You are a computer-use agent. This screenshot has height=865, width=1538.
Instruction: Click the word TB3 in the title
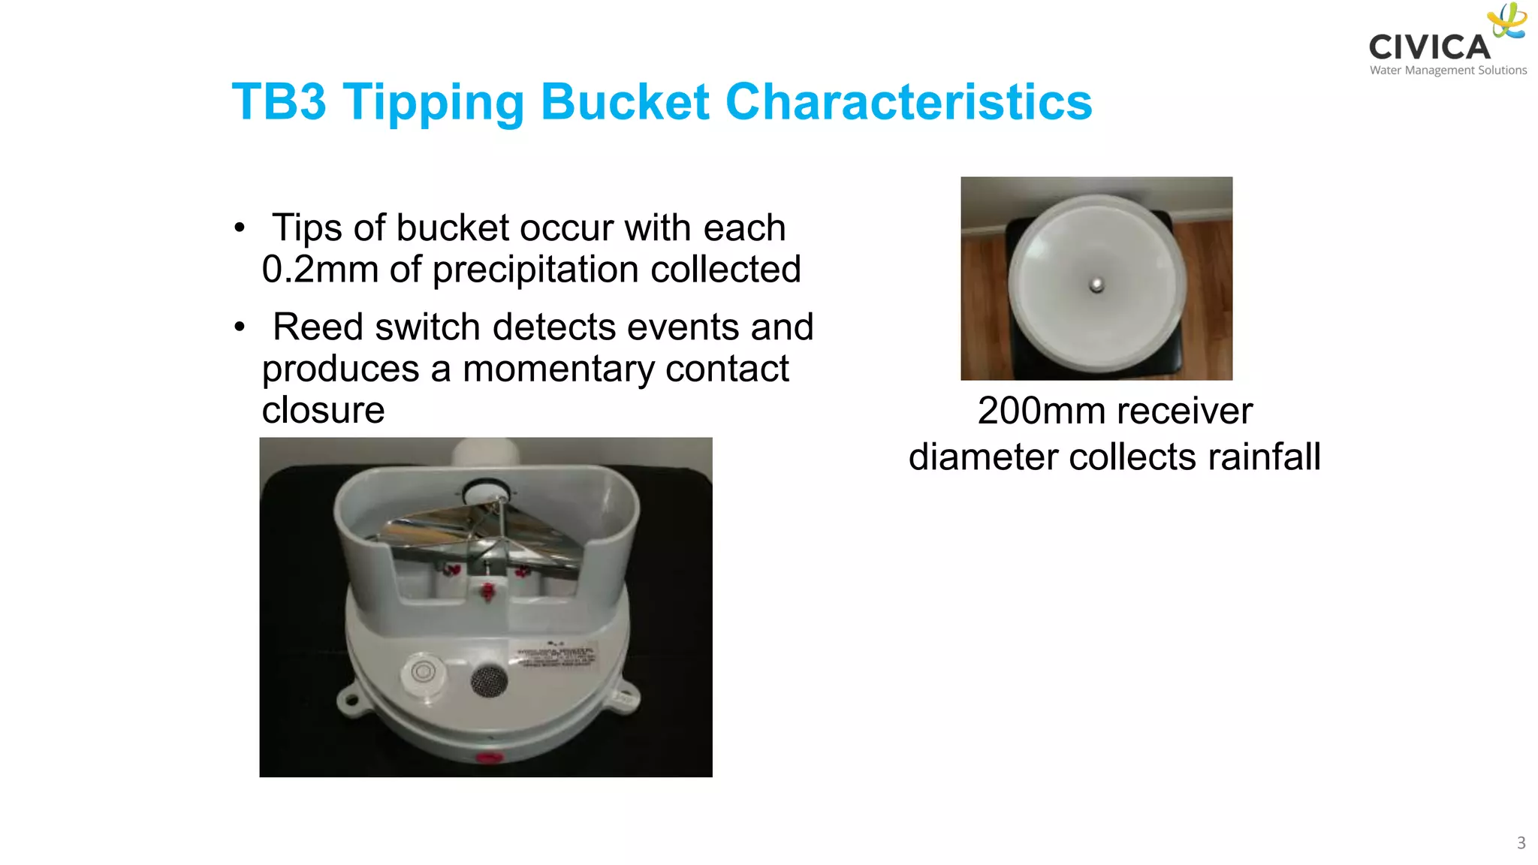coord(279,102)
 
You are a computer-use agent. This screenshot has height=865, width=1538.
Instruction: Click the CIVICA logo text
coord(1428,47)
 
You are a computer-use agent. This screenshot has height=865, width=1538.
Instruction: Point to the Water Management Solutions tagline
coord(1448,71)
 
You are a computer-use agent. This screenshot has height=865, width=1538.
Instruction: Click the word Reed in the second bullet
coord(318,327)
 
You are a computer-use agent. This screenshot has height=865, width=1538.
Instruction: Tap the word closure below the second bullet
coord(323,411)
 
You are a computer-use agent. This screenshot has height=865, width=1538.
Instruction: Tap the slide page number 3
coord(1521,842)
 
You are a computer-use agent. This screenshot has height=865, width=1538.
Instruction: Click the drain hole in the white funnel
coord(1096,285)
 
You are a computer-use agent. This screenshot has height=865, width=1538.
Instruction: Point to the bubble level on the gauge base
coord(423,671)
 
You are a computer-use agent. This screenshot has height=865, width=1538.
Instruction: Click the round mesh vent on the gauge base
coord(489,680)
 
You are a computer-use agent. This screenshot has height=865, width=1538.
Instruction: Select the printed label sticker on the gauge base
coord(556,654)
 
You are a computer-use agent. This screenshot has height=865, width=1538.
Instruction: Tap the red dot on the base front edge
coord(489,757)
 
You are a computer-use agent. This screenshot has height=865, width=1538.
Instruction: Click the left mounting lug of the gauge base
coord(350,700)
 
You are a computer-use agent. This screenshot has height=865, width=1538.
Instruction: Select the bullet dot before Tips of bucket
coord(240,228)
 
